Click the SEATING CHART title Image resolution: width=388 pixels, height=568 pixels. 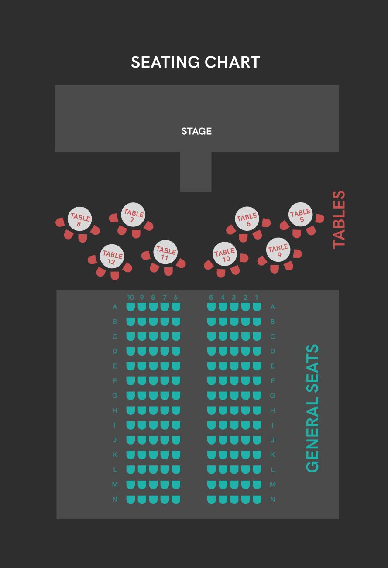196,62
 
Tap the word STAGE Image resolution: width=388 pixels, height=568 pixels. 196,131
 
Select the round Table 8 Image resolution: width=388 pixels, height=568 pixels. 80,219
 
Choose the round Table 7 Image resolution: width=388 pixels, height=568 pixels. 133,215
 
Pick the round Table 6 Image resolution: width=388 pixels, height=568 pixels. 247,219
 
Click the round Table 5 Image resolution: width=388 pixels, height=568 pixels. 300,215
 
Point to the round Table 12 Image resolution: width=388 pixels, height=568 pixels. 112,257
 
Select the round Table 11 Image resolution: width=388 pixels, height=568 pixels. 165,252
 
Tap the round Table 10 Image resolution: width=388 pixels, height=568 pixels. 225,254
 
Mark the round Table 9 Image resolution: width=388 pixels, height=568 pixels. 278,250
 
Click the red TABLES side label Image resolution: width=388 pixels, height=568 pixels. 339,219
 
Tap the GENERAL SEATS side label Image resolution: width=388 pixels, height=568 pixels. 312,408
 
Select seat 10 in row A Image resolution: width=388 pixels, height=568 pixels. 130,307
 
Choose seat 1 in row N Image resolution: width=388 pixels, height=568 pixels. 257,500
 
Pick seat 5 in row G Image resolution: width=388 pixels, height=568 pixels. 212,396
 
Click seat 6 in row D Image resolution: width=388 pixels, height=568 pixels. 176,351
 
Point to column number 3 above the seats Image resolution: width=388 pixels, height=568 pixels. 234,298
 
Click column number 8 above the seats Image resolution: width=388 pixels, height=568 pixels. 153,298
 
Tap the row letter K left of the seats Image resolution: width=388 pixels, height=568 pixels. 115,455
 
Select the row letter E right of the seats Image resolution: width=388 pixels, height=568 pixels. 273,366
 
